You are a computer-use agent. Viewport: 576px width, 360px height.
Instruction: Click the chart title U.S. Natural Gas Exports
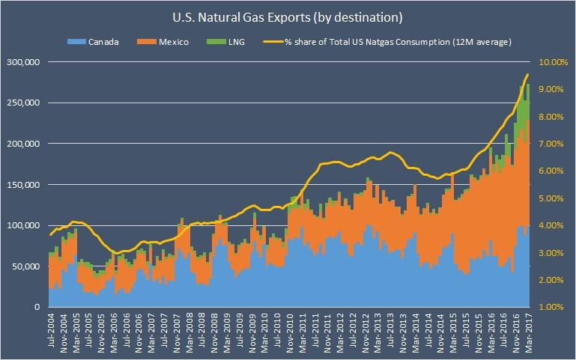pyautogui.click(x=288, y=13)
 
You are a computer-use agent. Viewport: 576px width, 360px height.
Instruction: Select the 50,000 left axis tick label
pyautogui.click(x=25, y=266)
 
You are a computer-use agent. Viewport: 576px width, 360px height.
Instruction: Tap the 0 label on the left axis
pyautogui.click(x=35, y=308)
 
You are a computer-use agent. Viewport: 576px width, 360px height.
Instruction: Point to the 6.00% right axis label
pyautogui.click(x=554, y=171)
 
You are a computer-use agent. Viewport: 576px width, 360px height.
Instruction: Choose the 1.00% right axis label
pyautogui.click(x=554, y=308)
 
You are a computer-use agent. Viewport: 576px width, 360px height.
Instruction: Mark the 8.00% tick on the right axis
pyautogui.click(x=554, y=117)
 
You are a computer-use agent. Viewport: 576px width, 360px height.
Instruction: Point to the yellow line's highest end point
pyautogui.click(x=528, y=74)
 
